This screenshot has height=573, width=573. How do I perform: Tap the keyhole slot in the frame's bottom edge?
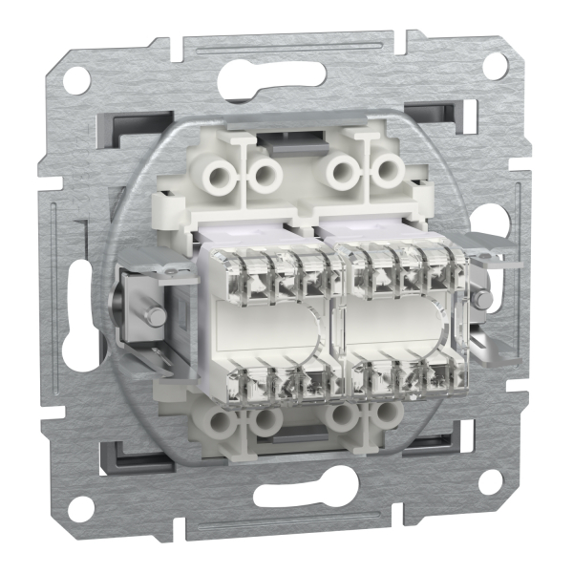point(286,495)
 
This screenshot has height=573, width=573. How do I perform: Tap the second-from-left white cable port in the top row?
point(265,173)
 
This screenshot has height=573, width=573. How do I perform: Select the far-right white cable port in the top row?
point(387,172)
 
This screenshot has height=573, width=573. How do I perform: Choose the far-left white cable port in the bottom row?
point(223,419)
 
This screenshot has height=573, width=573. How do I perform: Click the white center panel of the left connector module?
point(271,330)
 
